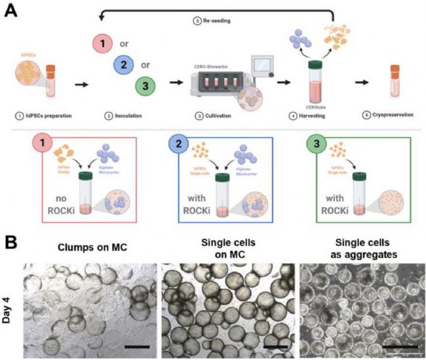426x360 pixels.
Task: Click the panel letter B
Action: pyautogui.click(x=12, y=242)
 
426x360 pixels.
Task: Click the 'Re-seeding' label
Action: pyautogui.click(x=213, y=21)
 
